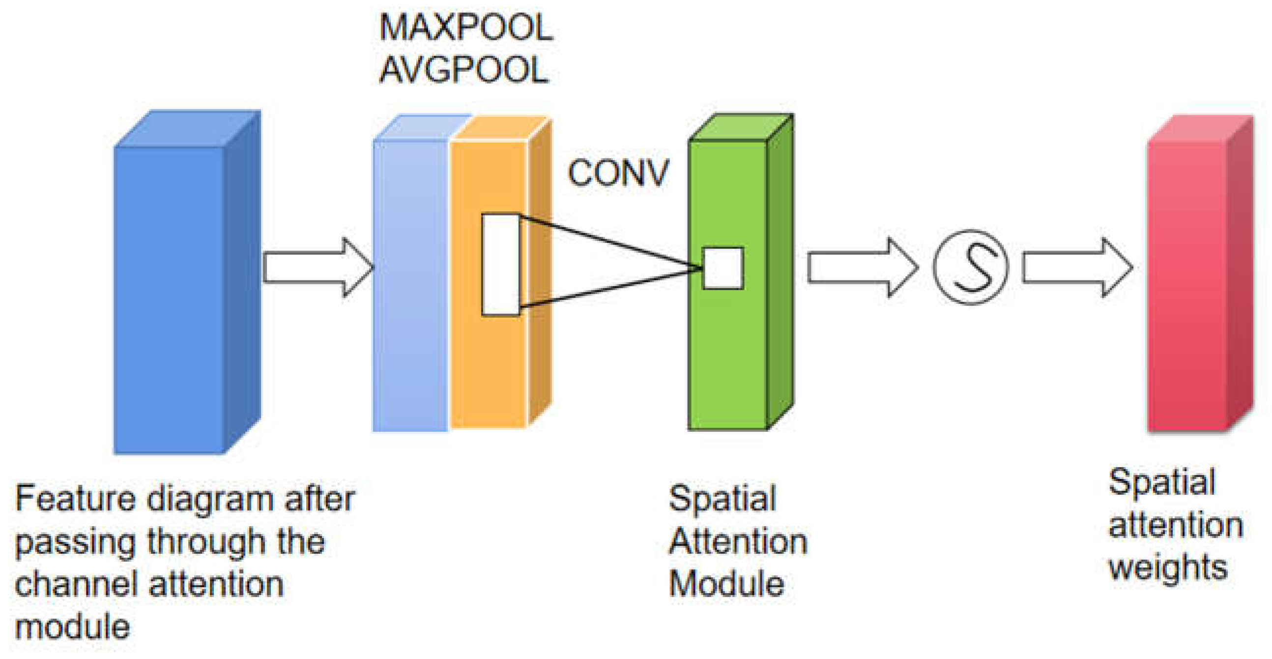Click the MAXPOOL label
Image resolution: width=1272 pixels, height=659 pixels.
click(465, 27)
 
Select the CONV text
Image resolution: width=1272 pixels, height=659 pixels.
click(618, 174)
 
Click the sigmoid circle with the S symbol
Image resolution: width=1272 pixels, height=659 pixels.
click(971, 267)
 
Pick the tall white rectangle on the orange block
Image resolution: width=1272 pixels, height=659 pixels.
click(500, 264)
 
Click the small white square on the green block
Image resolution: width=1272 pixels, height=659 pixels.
click(723, 268)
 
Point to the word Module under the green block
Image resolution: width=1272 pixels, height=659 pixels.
click(726, 584)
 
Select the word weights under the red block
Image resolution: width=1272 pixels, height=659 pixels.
click(1168, 568)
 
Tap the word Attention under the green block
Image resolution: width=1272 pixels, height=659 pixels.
click(738, 541)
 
